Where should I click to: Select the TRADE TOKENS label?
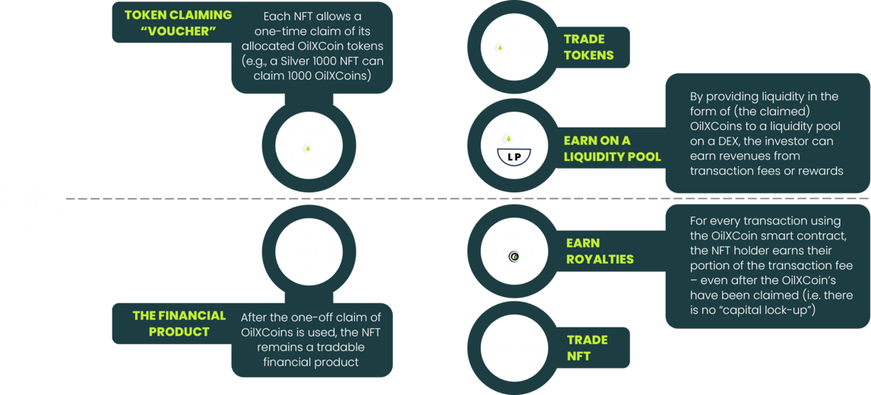(x=584, y=47)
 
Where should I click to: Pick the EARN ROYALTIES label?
(x=600, y=251)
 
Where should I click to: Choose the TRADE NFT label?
(x=588, y=348)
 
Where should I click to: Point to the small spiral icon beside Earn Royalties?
(x=515, y=257)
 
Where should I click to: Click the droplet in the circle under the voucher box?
(x=306, y=148)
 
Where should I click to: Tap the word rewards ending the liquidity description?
(x=825, y=171)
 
